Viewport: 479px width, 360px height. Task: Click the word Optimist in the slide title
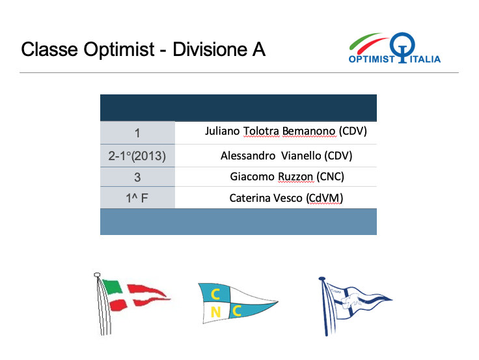point(119,49)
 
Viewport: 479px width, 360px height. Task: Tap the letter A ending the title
point(258,49)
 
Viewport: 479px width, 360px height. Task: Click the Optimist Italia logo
point(394,48)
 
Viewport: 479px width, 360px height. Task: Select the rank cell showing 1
point(137,133)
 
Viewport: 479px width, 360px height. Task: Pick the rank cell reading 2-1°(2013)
point(137,156)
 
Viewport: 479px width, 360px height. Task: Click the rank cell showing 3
point(137,177)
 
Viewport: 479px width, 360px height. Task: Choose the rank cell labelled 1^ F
point(137,198)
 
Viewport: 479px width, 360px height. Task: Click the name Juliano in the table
point(223,131)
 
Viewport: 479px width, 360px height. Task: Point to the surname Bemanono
point(308,131)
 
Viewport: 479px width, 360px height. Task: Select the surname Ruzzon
point(295,176)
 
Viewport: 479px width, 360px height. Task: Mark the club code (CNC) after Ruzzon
point(330,176)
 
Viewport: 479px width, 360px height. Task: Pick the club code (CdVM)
point(324,198)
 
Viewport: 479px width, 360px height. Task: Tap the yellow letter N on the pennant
point(215,312)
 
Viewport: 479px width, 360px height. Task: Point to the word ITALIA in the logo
point(425,59)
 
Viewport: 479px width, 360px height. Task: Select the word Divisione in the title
point(210,49)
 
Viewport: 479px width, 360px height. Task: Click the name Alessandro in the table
point(248,156)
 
